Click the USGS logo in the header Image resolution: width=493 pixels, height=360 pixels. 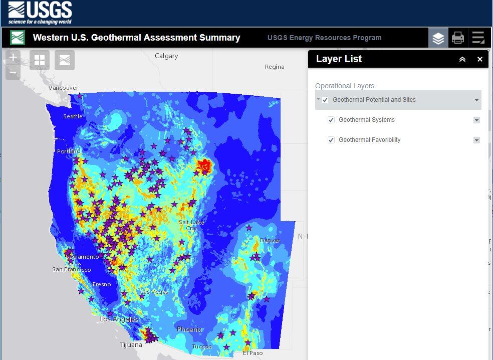[40, 13]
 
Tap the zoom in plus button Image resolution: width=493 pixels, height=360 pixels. [13, 57]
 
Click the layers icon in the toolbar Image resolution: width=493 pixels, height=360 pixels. [438, 38]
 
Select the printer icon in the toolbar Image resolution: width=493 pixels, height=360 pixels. [458, 38]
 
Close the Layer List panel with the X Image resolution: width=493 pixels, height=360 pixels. [479, 59]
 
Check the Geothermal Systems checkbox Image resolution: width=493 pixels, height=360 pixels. [331, 120]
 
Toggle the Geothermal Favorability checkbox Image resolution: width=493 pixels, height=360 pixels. [331, 140]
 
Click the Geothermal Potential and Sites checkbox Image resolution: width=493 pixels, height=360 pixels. [325, 100]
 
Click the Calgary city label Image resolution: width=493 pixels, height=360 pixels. [166, 56]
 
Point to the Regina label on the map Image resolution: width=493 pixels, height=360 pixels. [275, 67]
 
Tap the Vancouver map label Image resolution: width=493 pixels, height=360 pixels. [63, 88]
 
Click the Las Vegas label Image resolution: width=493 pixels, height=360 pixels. [154, 292]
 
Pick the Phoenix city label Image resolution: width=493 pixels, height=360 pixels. [189, 329]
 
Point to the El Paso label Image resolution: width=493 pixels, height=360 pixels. [253, 353]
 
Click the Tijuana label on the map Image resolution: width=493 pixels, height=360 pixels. [131, 345]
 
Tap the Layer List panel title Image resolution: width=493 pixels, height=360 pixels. [339, 59]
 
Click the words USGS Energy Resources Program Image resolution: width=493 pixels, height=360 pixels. [324, 38]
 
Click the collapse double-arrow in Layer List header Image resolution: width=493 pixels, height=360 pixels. [462, 59]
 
